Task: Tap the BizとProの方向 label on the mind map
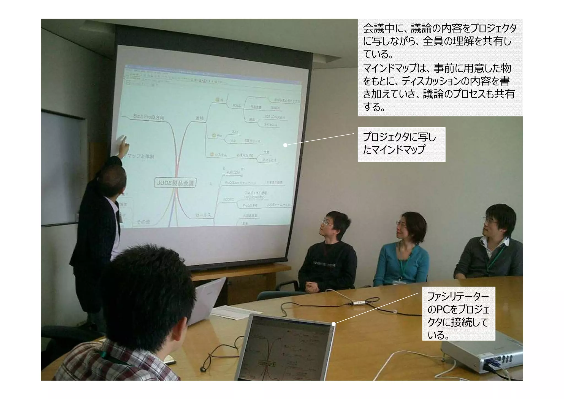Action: [x=148, y=117]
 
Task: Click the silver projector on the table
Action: [x=482, y=355]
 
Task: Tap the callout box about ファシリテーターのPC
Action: [x=458, y=314]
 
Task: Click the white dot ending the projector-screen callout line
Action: [x=285, y=145]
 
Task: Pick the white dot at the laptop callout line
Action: [x=333, y=324]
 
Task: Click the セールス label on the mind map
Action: [x=203, y=215]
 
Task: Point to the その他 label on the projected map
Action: [x=143, y=222]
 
